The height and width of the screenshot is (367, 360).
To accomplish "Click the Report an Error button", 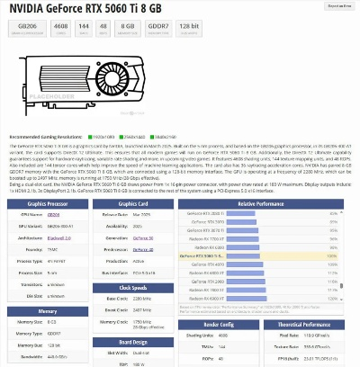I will coord(338,5).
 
